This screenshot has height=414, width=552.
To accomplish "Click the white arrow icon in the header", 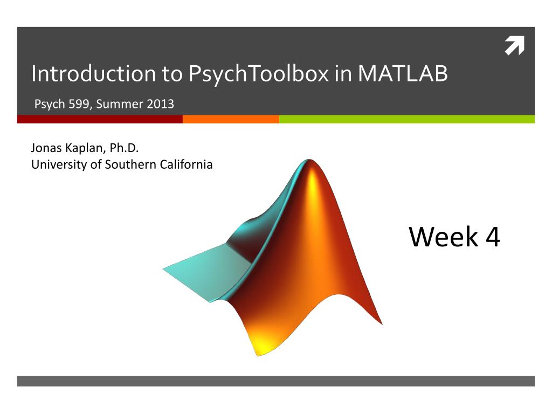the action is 515,45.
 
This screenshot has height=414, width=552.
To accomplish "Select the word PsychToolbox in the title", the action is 258,74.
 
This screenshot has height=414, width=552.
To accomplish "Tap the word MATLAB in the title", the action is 403,73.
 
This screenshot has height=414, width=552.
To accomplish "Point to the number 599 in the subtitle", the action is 79,104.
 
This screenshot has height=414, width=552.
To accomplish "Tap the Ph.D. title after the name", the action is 125,148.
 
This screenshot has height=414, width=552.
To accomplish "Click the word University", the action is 59,165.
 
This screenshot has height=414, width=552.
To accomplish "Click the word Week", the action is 443,237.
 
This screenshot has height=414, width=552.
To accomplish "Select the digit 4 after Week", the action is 493,237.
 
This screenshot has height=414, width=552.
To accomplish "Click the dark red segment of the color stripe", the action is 100,119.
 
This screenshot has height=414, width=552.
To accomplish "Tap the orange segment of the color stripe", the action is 231,119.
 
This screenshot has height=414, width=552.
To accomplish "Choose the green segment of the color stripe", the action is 407,119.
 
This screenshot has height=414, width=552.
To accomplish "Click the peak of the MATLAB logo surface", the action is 309,160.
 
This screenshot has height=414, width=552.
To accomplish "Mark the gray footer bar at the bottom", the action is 276,381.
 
